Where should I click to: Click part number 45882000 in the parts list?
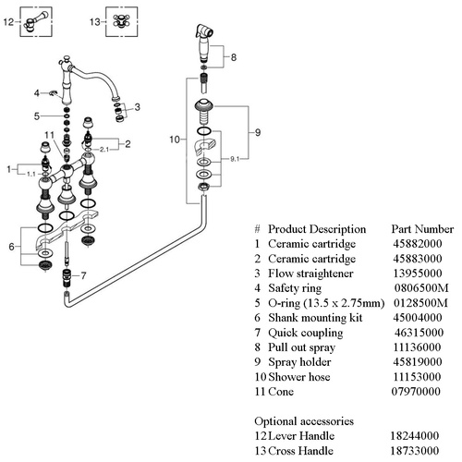(418, 244)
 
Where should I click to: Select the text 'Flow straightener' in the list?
(310, 274)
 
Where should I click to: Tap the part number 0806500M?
(421, 288)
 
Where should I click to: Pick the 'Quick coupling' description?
(306, 333)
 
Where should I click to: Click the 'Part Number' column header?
(422, 229)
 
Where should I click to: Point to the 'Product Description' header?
(317, 229)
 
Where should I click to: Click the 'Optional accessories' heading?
(304, 421)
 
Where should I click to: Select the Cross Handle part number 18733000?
(415, 451)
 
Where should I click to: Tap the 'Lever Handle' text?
(301, 436)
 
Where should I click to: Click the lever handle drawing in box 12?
(35, 21)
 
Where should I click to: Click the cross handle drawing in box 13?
(121, 21)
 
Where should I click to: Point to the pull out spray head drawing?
(204, 43)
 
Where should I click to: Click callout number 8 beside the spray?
(234, 57)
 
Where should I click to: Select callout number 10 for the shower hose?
(175, 140)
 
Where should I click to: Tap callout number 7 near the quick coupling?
(83, 275)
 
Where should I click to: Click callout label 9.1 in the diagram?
(235, 159)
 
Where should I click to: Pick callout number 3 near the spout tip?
(137, 107)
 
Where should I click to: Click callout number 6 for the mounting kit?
(11, 247)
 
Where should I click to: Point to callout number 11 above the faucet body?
(49, 135)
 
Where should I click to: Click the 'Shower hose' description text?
(299, 377)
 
